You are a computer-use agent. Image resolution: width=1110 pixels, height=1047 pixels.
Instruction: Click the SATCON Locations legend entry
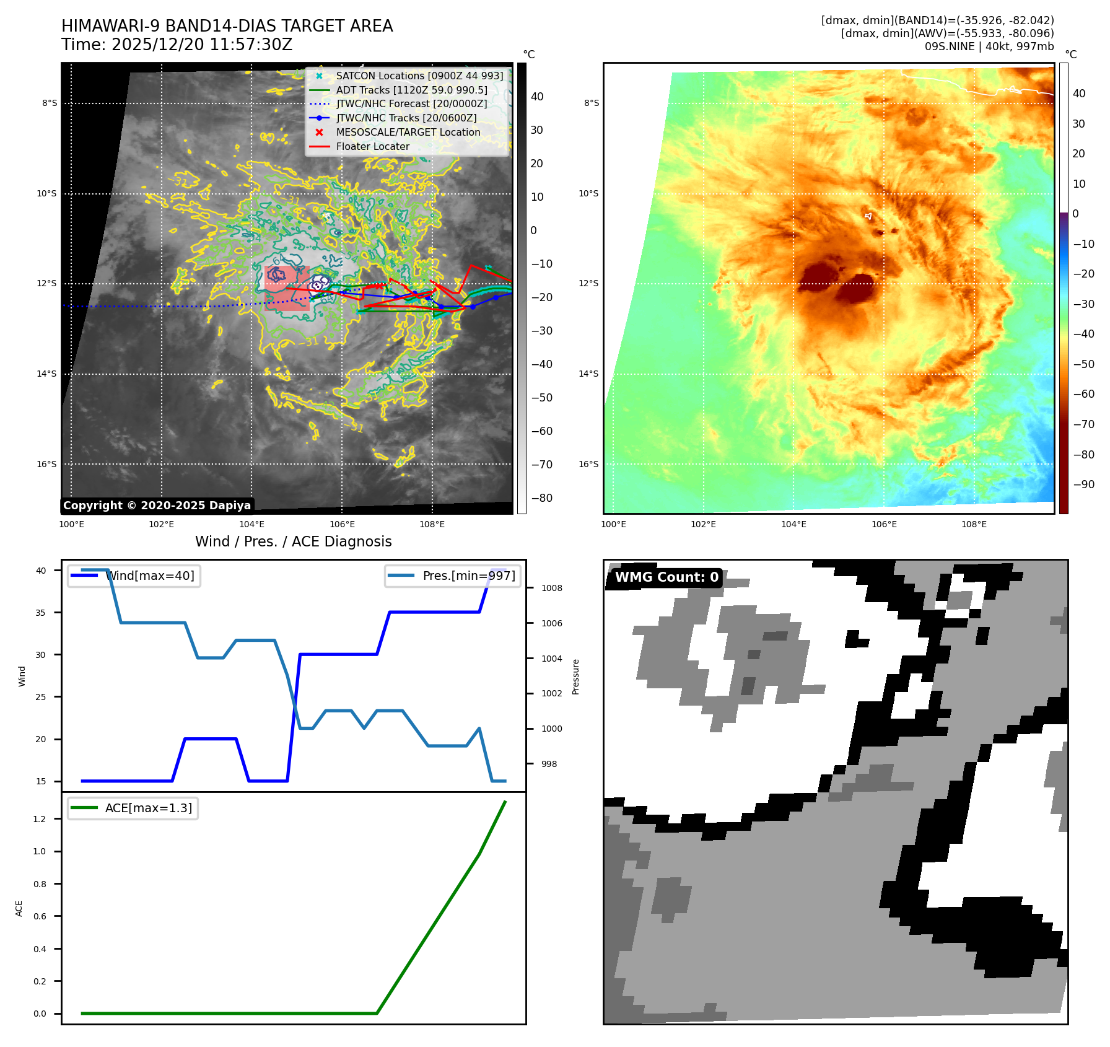pyautogui.click(x=419, y=76)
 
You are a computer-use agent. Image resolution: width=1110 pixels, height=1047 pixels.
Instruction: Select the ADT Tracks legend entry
pyautogui.click(x=411, y=90)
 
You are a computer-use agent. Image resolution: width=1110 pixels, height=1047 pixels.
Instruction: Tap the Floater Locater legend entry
pyautogui.click(x=372, y=146)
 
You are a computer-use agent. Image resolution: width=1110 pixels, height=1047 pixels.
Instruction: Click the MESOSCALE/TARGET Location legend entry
pyautogui.click(x=408, y=132)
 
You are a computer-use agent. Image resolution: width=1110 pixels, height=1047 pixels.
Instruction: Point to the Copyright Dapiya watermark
pyautogui.click(x=157, y=506)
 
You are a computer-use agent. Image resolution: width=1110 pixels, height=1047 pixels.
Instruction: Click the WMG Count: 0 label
pyautogui.click(x=666, y=577)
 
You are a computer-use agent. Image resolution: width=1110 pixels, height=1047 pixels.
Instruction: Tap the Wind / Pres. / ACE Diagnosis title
pyautogui.click(x=293, y=541)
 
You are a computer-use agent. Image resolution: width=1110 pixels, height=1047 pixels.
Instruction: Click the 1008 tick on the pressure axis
pyautogui.click(x=551, y=588)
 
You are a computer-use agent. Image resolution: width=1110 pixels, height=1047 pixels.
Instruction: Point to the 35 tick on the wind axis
pyautogui.click(x=41, y=613)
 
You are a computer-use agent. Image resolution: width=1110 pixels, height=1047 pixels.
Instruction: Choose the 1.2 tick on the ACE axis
pyautogui.click(x=40, y=819)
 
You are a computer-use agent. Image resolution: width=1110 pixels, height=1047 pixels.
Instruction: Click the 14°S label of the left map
pyautogui.click(x=46, y=374)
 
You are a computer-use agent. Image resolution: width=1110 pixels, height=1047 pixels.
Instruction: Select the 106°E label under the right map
pyautogui.click(x=884, y=524)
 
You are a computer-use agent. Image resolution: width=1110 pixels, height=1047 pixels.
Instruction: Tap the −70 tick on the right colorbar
pyautogui.click(x=1083, y=424)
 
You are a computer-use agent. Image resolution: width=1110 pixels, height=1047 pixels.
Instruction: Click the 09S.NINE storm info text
pyautogui.click(x=989, y=46)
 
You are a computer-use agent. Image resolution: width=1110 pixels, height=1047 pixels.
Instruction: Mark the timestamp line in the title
pyautogui.click(x=177, y=45)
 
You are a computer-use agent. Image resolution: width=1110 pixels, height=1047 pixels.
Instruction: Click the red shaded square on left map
pyautogui.click(x=286, y=288)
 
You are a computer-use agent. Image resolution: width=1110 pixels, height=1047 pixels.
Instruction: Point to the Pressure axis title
pyautogui.click(x=575, y=677)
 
